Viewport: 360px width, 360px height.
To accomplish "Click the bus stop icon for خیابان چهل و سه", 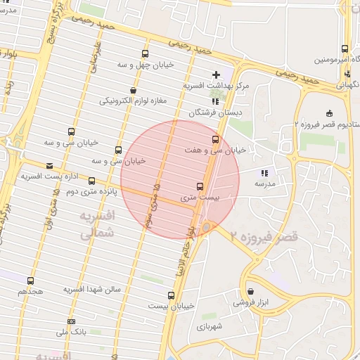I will point(146,53).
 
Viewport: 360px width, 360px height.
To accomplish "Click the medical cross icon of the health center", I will point(216,75).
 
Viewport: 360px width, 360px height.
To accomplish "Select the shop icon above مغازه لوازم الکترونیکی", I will point(134,90).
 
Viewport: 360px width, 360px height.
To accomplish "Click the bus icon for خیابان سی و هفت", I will point(215,139).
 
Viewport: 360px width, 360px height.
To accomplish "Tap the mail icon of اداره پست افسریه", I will point(49,166).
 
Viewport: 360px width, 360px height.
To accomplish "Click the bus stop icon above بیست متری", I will point(200,186).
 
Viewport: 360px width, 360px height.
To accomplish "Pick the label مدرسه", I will point(264,184).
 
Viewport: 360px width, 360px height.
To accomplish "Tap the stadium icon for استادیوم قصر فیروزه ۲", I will point(329,114).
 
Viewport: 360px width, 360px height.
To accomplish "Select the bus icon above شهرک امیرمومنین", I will point(345,49).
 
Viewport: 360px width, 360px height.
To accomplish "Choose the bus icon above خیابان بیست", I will point(171,295).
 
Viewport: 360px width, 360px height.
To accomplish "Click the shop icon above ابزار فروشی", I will point(251,292).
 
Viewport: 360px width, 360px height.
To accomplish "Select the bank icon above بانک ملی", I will point(70,321).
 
